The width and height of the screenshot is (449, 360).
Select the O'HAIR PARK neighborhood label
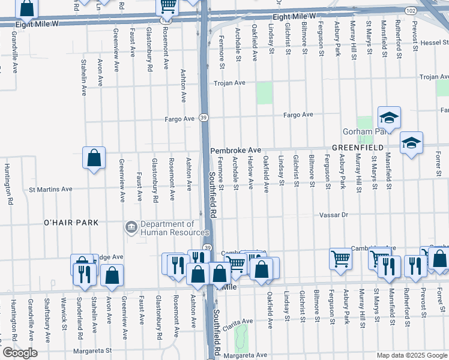(x=71, y=223)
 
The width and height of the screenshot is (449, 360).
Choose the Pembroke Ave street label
(x=235, y=150)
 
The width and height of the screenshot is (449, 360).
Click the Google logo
(x=20, y=353)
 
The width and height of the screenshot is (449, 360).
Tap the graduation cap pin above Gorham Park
(x=389, y=117)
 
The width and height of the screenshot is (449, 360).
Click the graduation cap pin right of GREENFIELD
(x=411, y=143)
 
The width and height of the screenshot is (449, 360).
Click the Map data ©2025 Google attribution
(x=411, y=355)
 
